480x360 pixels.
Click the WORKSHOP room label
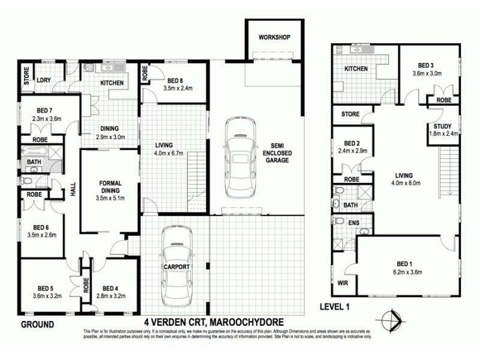(274, 37)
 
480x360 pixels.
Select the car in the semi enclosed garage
(238, 157)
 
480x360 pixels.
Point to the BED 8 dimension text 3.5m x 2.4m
(179, 89)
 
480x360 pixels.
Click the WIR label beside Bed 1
(344, 282)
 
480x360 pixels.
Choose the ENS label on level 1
(354, 223)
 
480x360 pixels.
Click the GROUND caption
(37, 325)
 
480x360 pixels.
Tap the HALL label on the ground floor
(74, 191)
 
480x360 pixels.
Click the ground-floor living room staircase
(195, 180)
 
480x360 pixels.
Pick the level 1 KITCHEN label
(356, 70)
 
